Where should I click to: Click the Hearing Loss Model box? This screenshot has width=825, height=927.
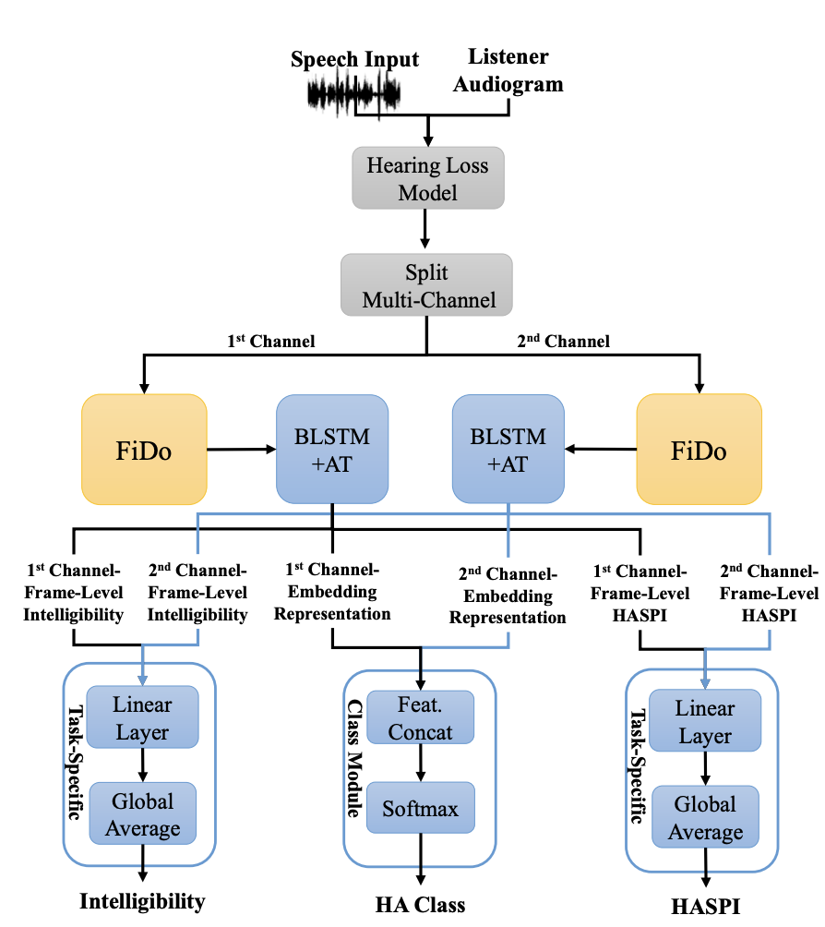428,178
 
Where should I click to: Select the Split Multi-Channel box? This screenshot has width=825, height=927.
426,285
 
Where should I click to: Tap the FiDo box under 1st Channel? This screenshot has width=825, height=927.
144,450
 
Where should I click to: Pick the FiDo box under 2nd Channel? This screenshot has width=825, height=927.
699,450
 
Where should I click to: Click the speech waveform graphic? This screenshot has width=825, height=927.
354,93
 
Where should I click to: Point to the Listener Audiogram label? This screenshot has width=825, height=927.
508,70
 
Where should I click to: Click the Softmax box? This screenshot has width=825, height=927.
420,808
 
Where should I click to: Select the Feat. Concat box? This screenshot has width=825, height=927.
420,717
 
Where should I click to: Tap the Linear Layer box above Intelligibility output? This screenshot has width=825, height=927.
142,717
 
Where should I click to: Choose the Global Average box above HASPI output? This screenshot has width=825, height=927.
705,816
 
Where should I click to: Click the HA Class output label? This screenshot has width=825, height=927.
420,905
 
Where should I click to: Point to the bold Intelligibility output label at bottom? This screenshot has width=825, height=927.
142,901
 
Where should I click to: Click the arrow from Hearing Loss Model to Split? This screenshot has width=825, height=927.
424,229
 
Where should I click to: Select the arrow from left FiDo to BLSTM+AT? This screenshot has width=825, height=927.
242,450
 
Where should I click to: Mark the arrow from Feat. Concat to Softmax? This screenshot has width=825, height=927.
421,763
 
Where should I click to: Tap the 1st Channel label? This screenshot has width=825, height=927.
271,341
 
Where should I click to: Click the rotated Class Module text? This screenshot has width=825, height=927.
354,759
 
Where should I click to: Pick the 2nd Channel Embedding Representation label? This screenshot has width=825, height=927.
508,596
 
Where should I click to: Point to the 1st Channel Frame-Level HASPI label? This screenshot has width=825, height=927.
640,593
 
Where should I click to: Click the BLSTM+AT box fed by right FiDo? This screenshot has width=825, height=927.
508,450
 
